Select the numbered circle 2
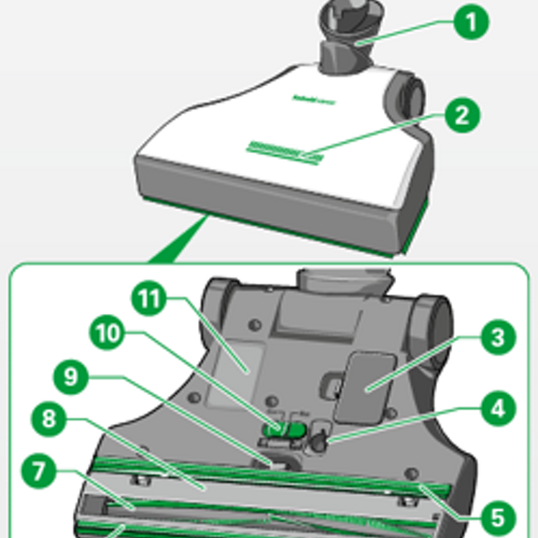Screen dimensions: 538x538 [x=460, y=116]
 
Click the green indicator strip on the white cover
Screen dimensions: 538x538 [x=284, y=151]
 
